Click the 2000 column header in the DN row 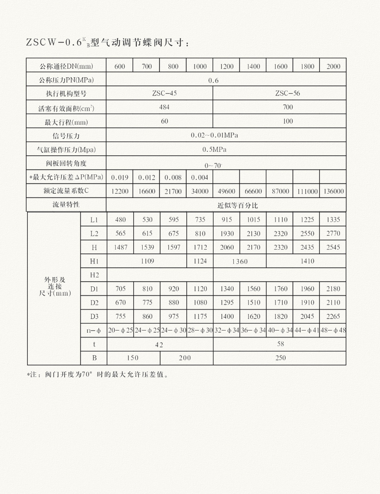point(333,67)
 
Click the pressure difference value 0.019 point(120,177)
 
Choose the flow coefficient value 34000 point(200,191)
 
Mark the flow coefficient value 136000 point(333,191)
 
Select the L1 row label point(94,220)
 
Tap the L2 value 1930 point(227,234)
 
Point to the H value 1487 point(120,247)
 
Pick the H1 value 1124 point(200,261)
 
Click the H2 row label point(94,275)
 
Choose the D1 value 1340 point(227,289)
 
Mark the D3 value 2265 point(333,317)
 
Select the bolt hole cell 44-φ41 point(306,330)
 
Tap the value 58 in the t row point(280,344)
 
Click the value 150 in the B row point(132,358)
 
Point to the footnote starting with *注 point(98,374)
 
